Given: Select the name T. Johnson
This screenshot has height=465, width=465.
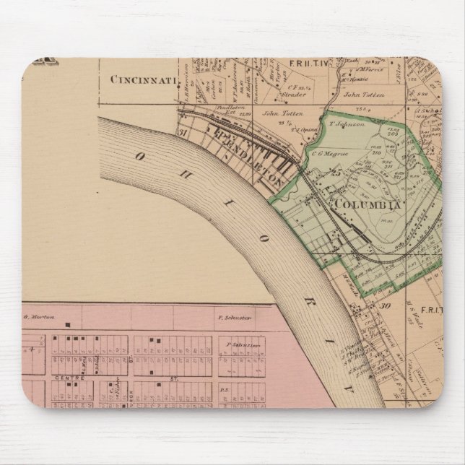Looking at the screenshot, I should coord(345,123).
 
